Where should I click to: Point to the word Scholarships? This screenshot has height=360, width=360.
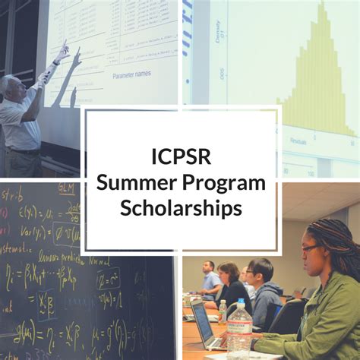pyautogui.click(x=180, y=207)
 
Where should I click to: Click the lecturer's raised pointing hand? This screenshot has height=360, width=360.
pyautogui.click(x=60, y=52)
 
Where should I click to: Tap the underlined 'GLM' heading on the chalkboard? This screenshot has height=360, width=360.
pyautogui.click(x=67, y=189)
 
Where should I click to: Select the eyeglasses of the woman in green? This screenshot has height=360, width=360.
pyautogui.click(x=310, y=248)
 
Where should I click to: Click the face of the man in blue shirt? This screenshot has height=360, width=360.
pyautogui.click(x=208, y=269)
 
